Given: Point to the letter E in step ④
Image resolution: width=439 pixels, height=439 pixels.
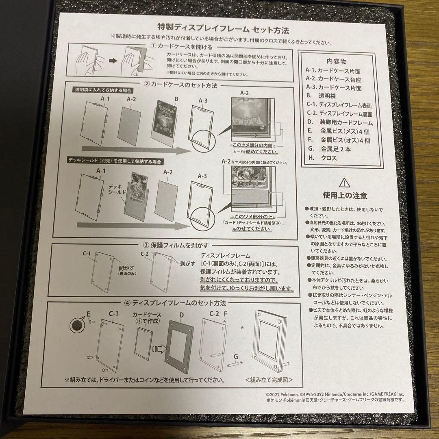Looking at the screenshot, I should click(87, 313).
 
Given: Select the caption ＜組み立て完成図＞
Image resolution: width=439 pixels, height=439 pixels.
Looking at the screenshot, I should click(269, 380).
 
